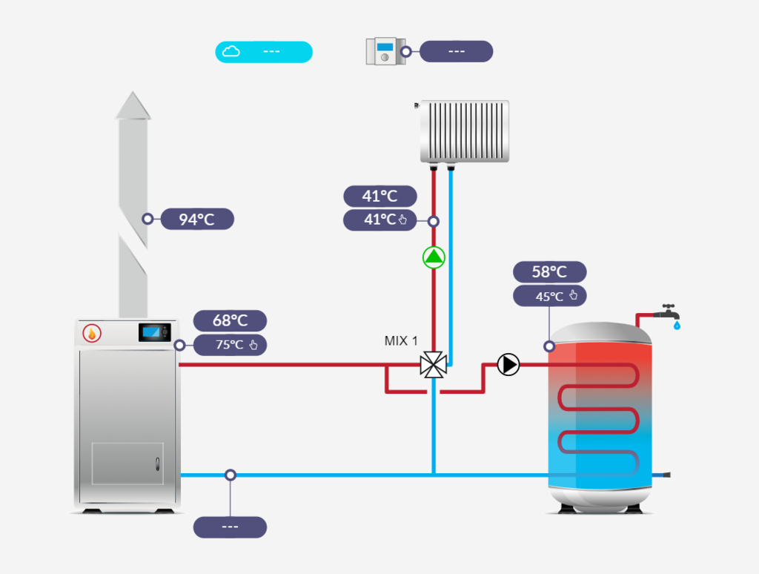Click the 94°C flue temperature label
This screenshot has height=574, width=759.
(x=197, y=219)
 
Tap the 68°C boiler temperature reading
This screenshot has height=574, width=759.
(x=230, y=320)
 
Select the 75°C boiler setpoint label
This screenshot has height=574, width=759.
(x=230, y=345)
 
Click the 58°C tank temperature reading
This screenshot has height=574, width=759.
(x=549, y=272)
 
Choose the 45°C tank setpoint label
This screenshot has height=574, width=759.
(x=549, y=297)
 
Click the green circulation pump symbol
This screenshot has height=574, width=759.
(x=434, y=258)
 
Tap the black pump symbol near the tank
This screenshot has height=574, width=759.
(x=508, y=364)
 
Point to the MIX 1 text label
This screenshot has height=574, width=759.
(x=401, y=341)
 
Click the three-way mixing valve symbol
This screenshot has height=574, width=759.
(x=433, y=365)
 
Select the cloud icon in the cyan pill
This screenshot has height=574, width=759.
(x=231, y=51)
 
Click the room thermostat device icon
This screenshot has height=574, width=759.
(x=383, y=52)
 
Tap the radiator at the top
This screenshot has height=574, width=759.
(x=465, y=131)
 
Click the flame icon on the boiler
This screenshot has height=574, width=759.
(x=92, y=333)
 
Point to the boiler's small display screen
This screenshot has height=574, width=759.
(x=154, y=332)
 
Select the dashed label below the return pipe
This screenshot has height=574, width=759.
(x=230, y=527)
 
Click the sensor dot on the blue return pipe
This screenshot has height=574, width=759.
(x=231, y=475)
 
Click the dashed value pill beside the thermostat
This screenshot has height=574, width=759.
(x=456, y=51)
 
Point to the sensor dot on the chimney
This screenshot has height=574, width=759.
(x=148, y=219)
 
